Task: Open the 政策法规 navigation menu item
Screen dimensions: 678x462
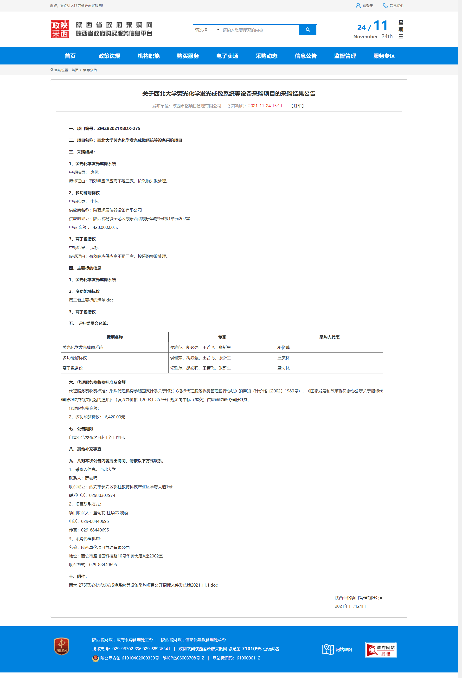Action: pyautogui.click(x=109, y=56)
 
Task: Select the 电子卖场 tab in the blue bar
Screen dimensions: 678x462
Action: pyautogui.click(x=227, y=56)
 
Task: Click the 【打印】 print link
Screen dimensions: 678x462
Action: pyautogui.click(x=297, y=106)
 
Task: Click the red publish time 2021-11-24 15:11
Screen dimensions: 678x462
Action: pyautogui.click(x=265, y=106)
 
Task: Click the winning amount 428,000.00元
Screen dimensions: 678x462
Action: pyautogui.click(x=105, y=228)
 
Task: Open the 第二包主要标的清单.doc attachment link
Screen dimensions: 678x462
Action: pyautogui.click(x=91, y=300)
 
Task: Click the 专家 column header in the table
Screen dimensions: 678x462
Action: pyautogui.click(x=222, y=337)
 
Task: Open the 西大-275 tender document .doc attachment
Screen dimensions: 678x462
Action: pyautogui.click(x=143, y=585)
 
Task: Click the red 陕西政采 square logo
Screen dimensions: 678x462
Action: pyautogui.click(x=60, y=29)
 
